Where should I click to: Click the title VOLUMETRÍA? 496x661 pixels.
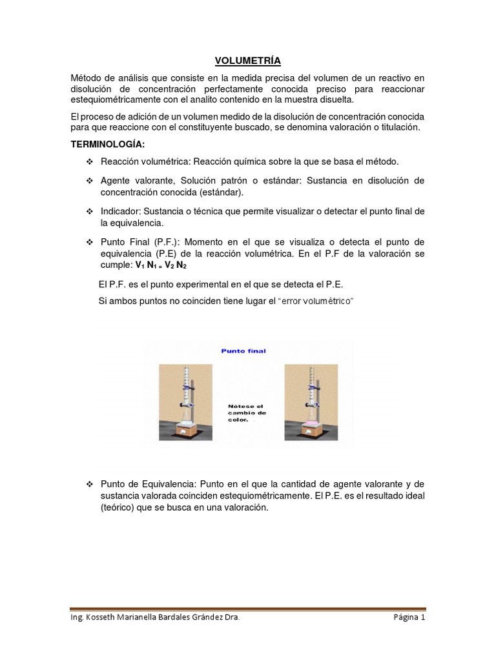tap(248, 61)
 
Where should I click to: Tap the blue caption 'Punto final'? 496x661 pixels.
tap(243, 351)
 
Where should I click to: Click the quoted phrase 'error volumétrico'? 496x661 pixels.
tap(316, 301)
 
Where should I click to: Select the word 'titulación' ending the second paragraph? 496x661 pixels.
tap(400, 127)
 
